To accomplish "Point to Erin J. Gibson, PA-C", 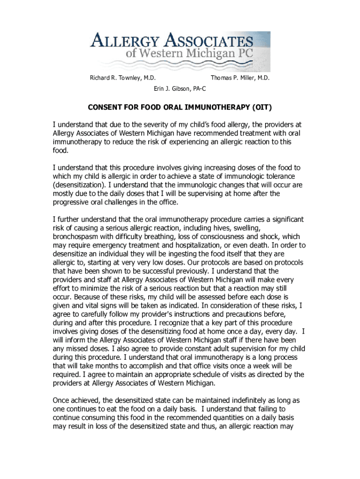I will [x=180, y=88].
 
